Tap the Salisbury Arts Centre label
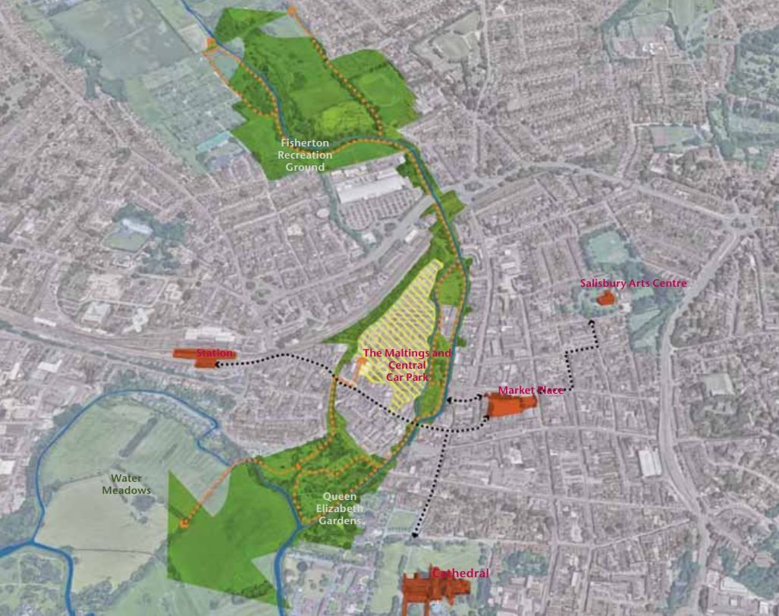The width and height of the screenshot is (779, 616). point(633,283)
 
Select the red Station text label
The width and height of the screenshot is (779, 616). point(215,354)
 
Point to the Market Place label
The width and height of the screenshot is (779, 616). point(530,390)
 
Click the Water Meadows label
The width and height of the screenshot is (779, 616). point(126,484)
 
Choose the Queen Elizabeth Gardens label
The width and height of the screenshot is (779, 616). point(338,509)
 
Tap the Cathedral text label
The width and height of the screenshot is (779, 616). point(460,574)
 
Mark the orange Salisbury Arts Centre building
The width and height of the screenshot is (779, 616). point(605,298)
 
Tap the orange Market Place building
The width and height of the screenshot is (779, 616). point(510,405)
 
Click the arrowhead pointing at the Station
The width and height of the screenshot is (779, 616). point(217,365)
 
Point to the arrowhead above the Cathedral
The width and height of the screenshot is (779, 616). point(414,537)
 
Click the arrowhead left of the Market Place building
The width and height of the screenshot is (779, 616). point(449,399)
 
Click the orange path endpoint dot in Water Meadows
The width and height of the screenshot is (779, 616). point(184,523)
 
